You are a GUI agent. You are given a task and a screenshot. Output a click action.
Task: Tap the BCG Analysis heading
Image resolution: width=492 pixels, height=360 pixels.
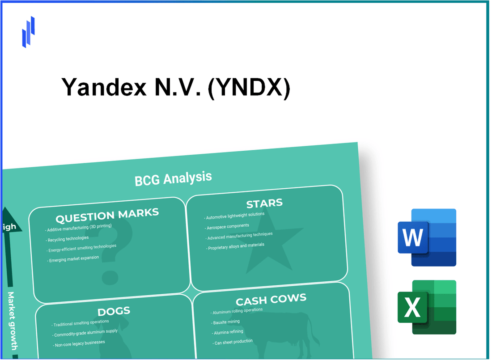(173, 178)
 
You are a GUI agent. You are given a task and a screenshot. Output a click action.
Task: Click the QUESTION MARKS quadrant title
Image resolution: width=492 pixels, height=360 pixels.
(107, 216)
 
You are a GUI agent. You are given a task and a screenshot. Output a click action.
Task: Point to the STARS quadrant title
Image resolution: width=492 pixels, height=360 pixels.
(264, 204)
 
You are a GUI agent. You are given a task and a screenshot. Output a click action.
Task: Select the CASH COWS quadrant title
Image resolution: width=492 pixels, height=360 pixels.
(271, 299)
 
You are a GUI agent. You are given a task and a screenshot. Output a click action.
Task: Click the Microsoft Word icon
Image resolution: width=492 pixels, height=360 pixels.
(427, 237)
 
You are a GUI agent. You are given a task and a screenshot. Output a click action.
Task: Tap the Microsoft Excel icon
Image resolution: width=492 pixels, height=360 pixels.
(427, 307)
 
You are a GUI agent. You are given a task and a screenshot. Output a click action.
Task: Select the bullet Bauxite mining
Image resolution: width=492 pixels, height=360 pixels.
(226, 322)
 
